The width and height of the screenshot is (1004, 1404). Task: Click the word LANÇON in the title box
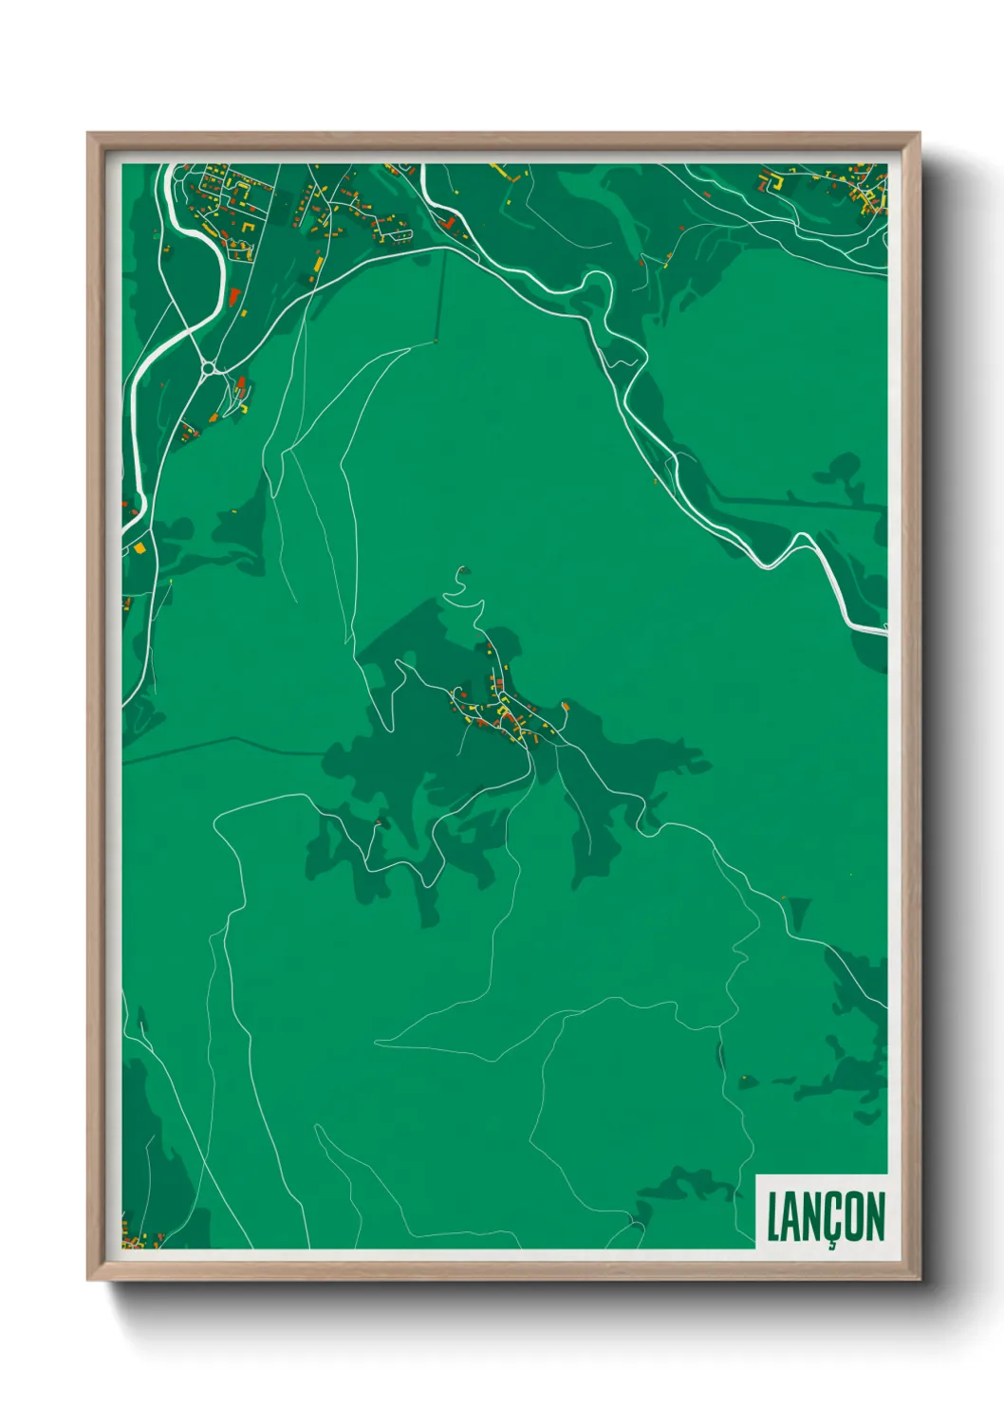click(825, 1217)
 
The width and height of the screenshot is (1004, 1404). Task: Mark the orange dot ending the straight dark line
click(437, 340)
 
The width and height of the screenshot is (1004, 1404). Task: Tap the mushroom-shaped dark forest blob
click(841, 470)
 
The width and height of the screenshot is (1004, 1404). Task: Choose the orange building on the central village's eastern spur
click(566, 705)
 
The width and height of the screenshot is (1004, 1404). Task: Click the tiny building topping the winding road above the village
click(463, 570)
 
